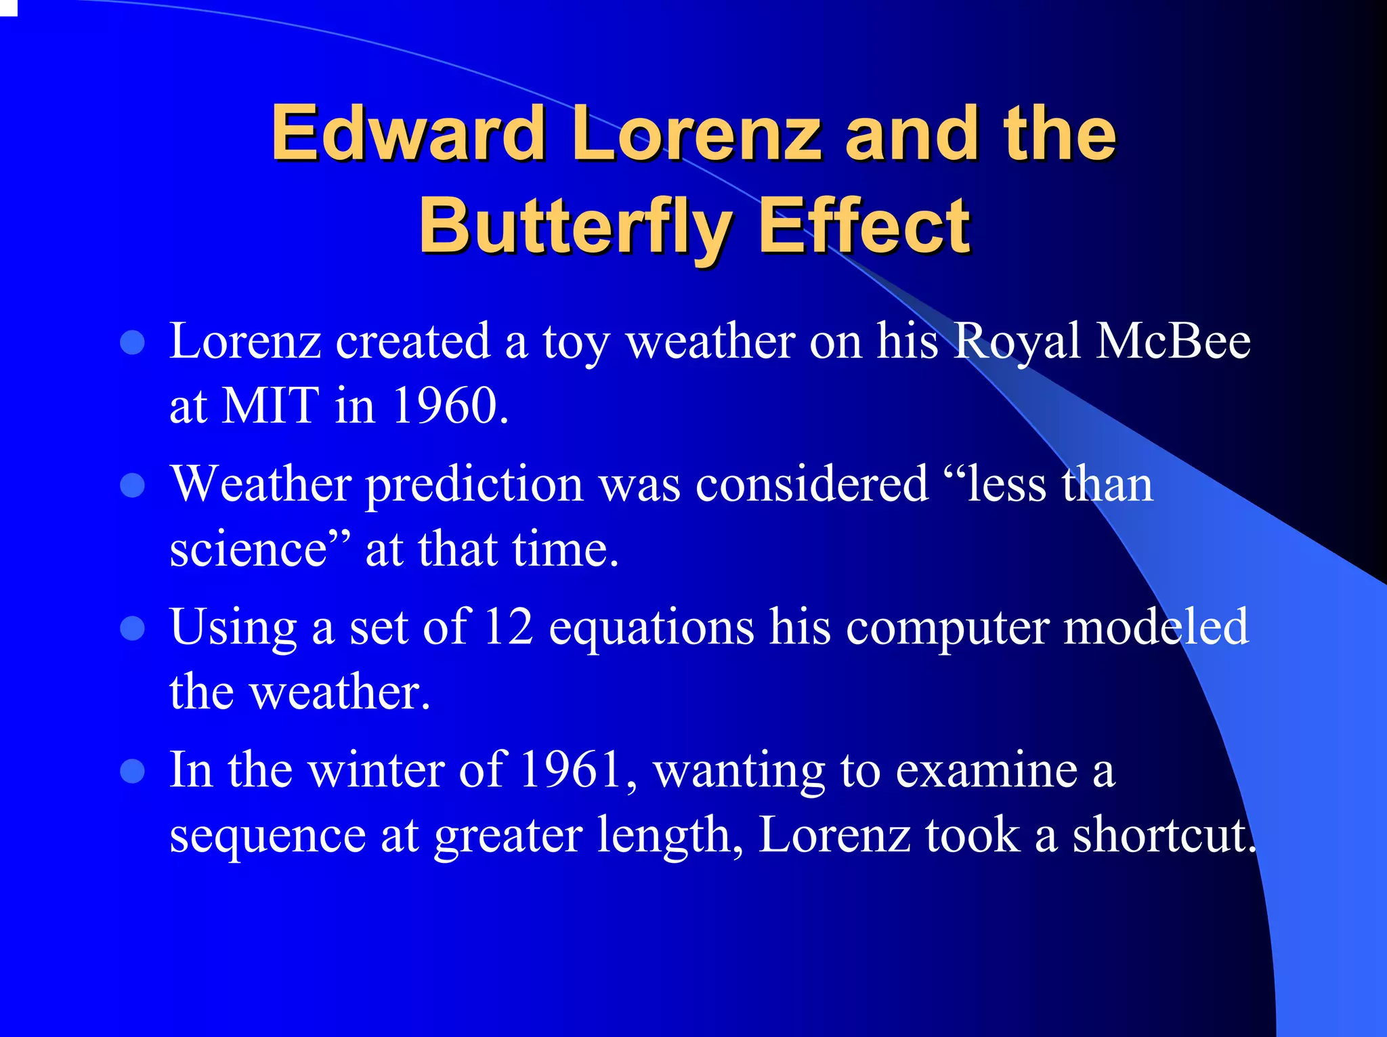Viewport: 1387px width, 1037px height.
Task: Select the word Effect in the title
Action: coord(864,226)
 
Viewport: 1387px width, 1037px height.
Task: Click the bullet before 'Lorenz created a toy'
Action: coord(133,343)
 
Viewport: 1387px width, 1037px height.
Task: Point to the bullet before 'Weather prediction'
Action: coord(133,486)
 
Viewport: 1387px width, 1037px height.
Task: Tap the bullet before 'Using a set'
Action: coord(133,628)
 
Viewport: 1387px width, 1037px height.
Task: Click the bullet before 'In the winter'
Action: coord(133,771)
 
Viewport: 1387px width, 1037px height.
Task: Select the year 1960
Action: coord(449,406)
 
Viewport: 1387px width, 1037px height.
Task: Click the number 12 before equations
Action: coord(509,627)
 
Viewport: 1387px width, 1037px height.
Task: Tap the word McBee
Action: coord(1173,341)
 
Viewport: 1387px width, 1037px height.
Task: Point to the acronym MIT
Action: coord(271,406)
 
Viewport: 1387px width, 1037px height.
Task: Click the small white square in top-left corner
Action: coord(7,7)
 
